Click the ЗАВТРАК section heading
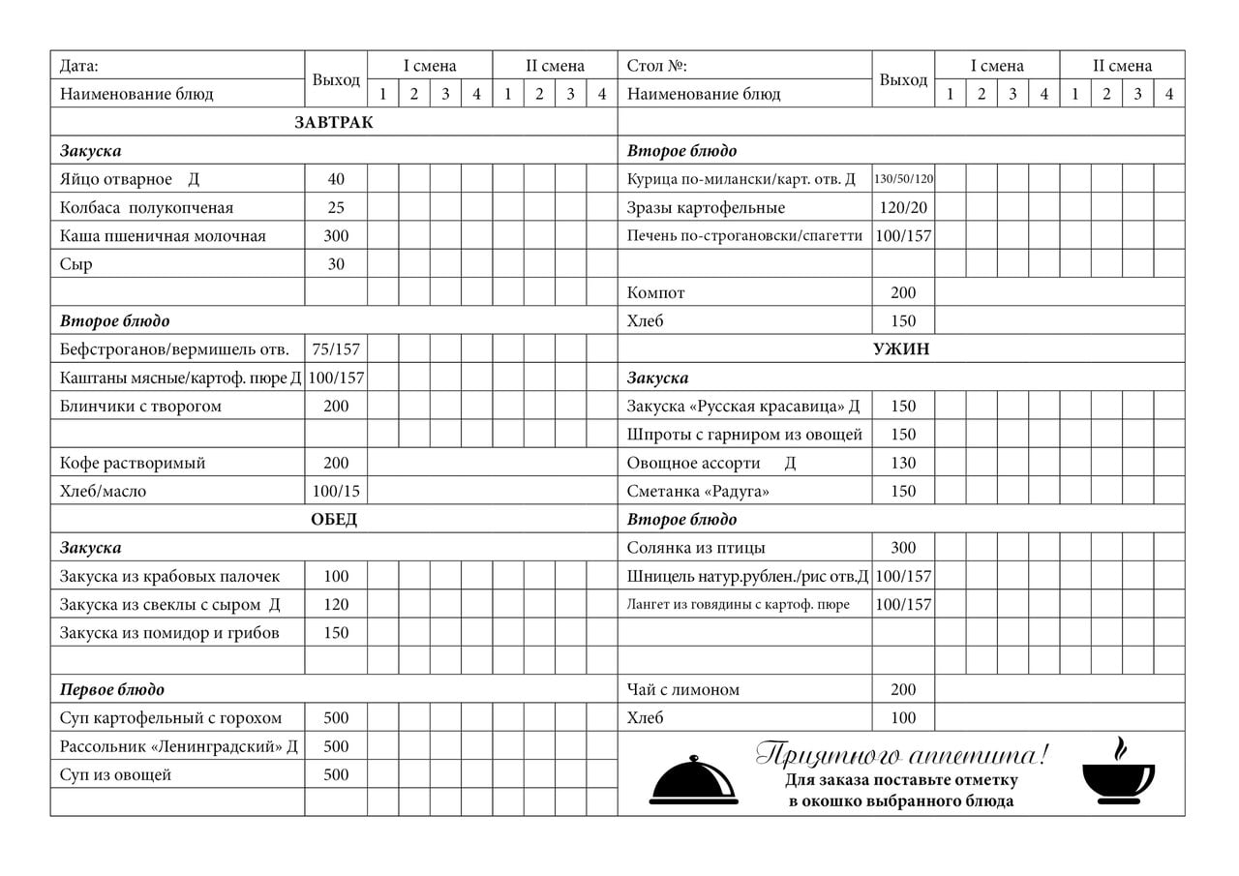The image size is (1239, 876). coord(334,123)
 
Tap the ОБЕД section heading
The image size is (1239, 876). coord(334,520)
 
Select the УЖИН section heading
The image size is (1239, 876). coord(901,349)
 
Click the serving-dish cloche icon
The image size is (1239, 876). coord(693,780)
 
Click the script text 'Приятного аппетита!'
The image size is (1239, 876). coord(901,754)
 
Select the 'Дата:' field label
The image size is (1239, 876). coord(79,67)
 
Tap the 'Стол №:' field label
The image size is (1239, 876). coord(657,67)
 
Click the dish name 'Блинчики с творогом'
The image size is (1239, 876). coord(140,407)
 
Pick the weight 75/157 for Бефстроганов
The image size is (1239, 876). coord(336,349)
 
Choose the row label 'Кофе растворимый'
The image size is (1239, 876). coord(133,464)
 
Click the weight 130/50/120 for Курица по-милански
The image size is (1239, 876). coord(903,179)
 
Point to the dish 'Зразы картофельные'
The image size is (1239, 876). coord(706,208)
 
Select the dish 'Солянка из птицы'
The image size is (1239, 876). coord(696,548)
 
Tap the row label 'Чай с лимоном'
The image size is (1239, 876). coord(683,690)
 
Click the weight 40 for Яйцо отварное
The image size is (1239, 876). coord(336,179)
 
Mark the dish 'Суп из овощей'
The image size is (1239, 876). coord(115,775)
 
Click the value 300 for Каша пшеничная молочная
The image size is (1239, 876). coord(336,236)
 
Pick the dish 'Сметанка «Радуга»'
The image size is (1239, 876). coord(698,492)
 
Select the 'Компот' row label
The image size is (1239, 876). coord(656,293)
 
